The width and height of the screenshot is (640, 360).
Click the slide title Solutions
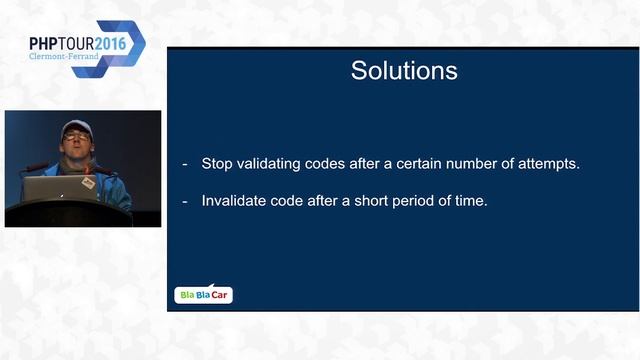pos(404,71)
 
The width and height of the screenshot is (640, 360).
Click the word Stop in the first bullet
pos(218,163)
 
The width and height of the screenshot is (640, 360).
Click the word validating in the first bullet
pos(273,163)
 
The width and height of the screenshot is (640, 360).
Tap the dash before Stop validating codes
pos(184,163)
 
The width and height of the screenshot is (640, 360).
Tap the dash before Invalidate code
pos(184,200)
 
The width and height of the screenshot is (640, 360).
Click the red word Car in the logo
pos(221,295)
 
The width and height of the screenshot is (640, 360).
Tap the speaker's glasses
pos(76,136)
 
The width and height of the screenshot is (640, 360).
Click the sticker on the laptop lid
pos(87,183)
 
